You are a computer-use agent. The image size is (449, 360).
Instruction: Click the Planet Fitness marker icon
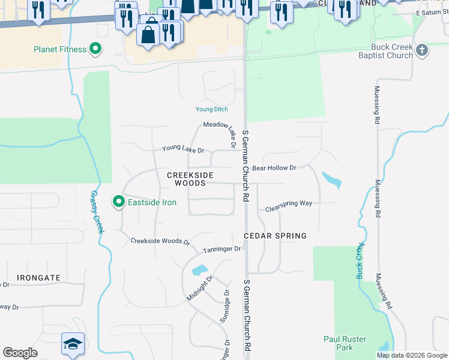pos(95,49)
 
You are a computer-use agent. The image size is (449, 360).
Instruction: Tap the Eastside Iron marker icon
pos(119,202)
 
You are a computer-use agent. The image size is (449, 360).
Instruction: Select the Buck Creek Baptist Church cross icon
pos(422,50)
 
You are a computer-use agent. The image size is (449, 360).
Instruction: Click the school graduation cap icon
pos(72,344)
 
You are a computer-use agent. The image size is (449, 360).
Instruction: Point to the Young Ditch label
pos(212,109)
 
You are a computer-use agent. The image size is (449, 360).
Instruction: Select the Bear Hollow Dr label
pos(274,169)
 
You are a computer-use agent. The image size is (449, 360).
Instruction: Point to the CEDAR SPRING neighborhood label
pos(276,236)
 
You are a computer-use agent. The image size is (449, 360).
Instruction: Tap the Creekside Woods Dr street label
pos(160,241)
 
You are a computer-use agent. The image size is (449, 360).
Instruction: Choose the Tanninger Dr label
pos(221,249)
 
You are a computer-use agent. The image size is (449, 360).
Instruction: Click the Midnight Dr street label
pos(199,289)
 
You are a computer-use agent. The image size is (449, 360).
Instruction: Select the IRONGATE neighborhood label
pos(38,278)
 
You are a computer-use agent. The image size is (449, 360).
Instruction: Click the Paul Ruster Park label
pos(345,343)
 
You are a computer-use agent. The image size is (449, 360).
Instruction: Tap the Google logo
pos(20,353)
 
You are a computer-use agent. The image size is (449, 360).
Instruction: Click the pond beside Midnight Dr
pos(199,270)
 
